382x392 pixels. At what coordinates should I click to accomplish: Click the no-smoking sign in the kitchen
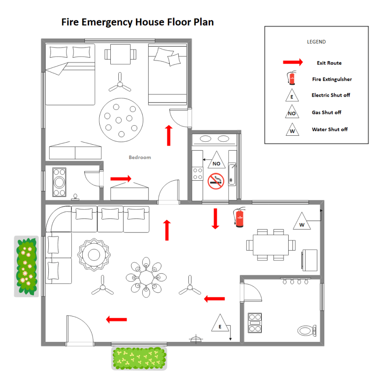click(216, 181)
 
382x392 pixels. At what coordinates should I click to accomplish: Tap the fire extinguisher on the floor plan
click(240, 217)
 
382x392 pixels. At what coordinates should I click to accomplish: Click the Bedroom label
click(140, 157)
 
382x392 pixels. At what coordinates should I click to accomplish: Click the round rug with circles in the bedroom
click(121, 120)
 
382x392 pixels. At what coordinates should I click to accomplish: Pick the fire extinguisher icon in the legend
click(292, 78)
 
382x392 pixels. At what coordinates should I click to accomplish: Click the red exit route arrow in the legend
click(293, 63)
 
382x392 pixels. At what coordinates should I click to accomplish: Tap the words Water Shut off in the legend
click(330, 129)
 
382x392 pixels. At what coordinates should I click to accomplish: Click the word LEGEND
click(316, 42)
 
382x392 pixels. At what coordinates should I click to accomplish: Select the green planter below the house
click(139, 358)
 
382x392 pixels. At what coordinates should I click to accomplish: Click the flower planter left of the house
click(26, 266)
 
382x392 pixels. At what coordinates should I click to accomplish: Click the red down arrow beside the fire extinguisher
click(216, 218)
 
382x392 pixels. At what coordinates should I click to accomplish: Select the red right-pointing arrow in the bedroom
click(121, 179)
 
